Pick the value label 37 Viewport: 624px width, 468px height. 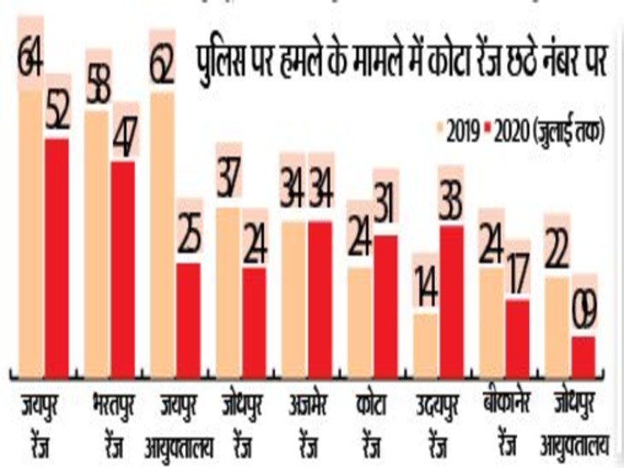point(228,178)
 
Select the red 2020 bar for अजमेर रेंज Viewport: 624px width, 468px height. point(321,299)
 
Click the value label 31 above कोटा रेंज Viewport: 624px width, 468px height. point(386,205)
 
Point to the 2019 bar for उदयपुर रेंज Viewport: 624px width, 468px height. point(425,345)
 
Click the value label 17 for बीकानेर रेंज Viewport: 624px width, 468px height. point(517,272)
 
